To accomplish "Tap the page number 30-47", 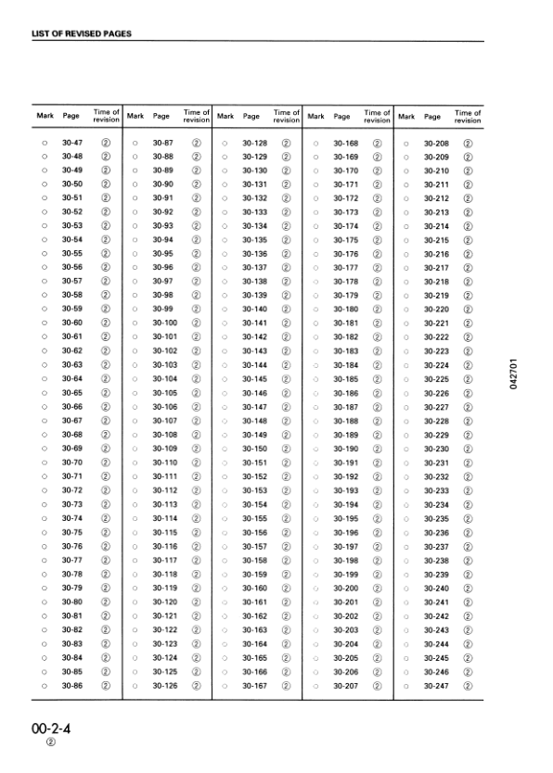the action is [x=72, y=143].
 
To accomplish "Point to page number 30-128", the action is [x=254, y=143].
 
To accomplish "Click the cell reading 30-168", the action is [x=345, y=143].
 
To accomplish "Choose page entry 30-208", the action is [x=436, y=143].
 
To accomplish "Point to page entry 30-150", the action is [x=254, y=449].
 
